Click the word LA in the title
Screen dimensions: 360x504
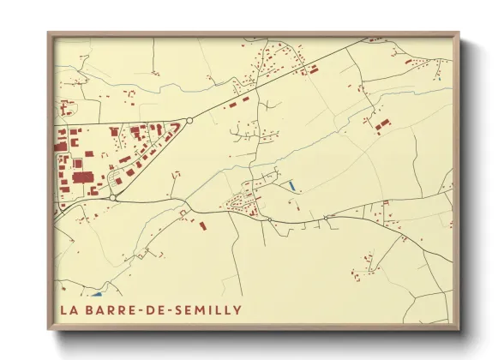click(69, 309)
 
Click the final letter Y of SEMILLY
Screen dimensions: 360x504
click(237, 309)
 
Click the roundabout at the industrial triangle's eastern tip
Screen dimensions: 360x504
click(189, 121)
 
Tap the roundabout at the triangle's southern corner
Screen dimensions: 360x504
click(112, 197)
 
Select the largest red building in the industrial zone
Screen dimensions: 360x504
click(84, 177)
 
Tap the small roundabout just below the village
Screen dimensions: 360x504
click(270, 219)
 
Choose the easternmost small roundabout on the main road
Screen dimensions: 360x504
click(326, 218)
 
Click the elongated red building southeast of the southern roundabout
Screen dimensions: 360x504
click(202, 225)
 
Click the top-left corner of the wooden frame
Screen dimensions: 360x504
click(49, 33)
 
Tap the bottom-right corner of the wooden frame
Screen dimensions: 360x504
click(459, 329)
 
